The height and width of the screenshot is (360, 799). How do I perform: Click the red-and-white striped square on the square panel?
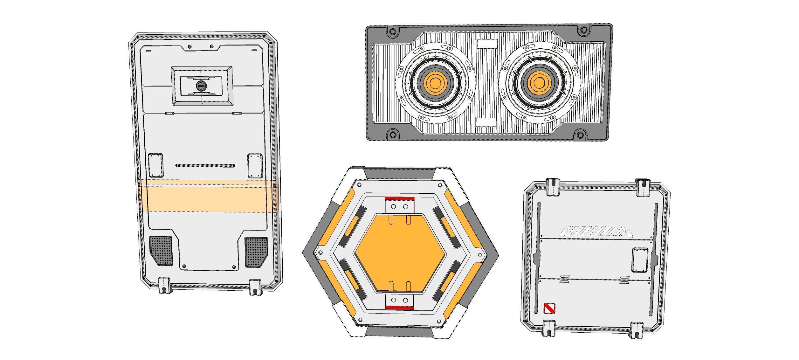click(549, 308)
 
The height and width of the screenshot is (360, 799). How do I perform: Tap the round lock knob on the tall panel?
click(201, 85)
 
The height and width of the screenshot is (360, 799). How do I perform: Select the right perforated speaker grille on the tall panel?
click(256, 252)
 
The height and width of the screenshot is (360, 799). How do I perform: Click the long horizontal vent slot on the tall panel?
click(205, 166)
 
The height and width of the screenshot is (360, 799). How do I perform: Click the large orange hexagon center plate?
click(399, 253)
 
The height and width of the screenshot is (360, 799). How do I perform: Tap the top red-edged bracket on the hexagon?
click(399, 205)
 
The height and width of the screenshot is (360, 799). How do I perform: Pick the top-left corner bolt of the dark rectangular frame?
click(392, 31)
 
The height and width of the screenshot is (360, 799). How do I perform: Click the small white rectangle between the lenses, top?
click(487, 44)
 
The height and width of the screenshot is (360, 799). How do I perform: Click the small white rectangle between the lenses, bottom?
click(486, 122)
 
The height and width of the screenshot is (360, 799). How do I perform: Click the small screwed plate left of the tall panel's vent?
click(155, 165)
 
